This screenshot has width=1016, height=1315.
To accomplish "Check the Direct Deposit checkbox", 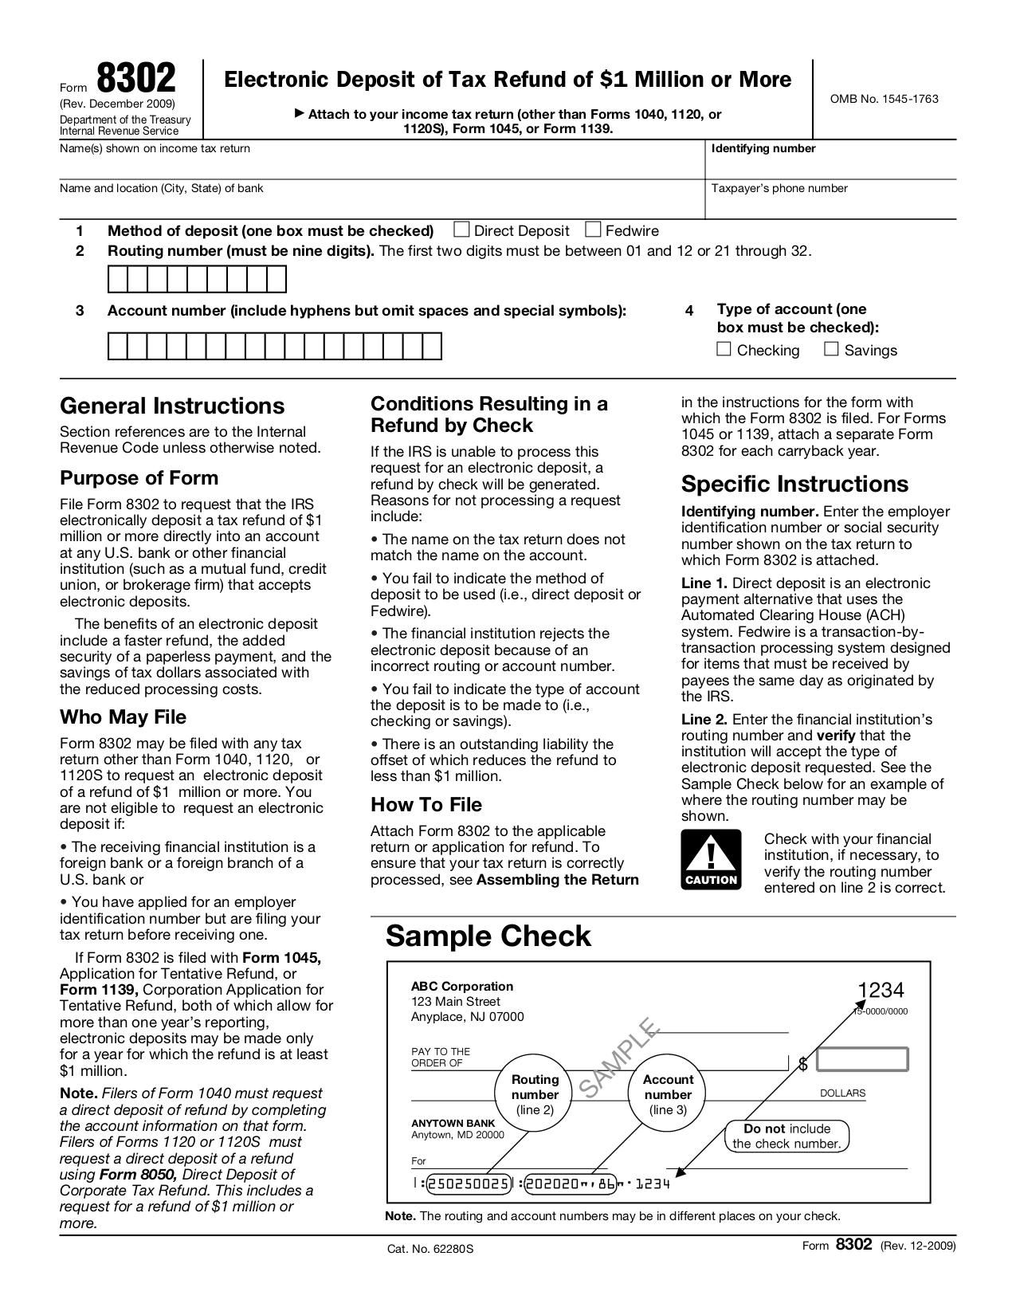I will [x=461, y=230].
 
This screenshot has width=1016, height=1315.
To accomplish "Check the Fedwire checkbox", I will [x=593, y=230].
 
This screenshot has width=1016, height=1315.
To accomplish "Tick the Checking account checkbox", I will [x=724, y=349].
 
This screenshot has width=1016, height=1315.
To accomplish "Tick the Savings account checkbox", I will [x=831, y=349].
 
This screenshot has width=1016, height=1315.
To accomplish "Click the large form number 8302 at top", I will [x=136, y=80].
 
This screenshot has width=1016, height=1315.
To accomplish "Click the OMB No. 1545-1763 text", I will [x=884, y=99].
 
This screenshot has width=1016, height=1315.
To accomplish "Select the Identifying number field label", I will [x=763, y=148].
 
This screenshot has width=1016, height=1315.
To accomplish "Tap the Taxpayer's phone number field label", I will [x=779, y=188].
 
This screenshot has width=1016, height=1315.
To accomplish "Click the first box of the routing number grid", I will [x=118, y=280].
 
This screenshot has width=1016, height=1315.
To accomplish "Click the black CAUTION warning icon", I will [x=711, y=859].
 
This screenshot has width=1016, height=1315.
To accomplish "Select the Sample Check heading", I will [x=488, y=936].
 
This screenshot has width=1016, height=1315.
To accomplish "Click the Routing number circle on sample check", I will [x=535, y=1094].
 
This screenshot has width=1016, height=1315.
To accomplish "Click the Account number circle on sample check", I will [x=668, y=1094].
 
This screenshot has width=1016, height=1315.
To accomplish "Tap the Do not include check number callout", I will [x=787, y=1136].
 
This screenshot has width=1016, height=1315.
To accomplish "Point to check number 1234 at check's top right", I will [x=881, y=990].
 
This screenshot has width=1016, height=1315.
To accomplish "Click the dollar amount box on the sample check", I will [x=862, y=1059].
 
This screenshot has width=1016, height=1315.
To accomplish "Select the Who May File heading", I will [x=123, y=716].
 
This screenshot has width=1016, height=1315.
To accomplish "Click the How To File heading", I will [x=426, y=804].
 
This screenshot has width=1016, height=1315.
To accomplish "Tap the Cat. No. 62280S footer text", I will [x=430, y=1249].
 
